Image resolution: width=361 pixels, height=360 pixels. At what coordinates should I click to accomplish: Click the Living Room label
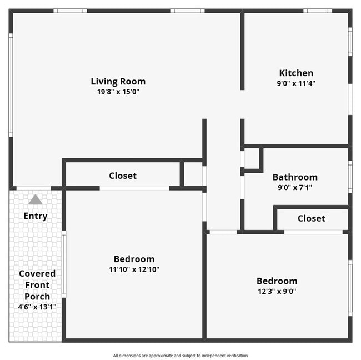(118, 82)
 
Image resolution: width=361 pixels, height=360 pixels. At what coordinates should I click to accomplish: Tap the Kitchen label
(296, 73)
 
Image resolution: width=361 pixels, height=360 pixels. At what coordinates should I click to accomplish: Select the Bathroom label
(295, 177)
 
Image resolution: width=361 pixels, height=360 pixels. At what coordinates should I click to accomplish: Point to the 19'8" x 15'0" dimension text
(118, 92)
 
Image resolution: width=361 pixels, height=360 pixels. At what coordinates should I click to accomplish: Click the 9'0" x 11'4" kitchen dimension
(296, 83)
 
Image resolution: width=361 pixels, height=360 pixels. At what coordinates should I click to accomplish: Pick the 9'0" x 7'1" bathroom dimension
(295, 187)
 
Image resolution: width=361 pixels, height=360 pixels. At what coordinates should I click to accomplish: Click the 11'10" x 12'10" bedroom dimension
(134, 269)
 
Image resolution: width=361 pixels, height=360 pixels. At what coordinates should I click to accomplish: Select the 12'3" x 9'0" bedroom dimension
(277, 291)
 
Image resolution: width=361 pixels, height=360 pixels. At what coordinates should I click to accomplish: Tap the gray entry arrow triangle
(36, 200)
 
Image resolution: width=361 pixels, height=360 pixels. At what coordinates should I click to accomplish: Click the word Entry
(36, 216)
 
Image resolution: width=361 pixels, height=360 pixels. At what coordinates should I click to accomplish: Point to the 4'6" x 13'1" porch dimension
(37, 306)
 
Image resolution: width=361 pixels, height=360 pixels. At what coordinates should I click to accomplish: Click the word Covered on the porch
(37, 273)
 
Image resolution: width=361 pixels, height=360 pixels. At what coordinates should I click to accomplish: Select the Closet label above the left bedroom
(123, 176)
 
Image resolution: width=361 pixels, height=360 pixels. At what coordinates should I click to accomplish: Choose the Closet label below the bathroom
(312, 218)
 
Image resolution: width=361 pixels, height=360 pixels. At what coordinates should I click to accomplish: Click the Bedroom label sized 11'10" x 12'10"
(134, 259)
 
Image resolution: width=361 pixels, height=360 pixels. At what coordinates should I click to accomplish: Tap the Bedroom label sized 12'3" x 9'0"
(277, 281)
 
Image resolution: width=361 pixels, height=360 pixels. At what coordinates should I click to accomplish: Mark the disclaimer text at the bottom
(180, 356)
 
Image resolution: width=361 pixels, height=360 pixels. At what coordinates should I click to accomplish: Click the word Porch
(37, 296)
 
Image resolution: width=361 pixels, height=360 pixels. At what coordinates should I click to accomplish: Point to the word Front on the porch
(37, 285)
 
